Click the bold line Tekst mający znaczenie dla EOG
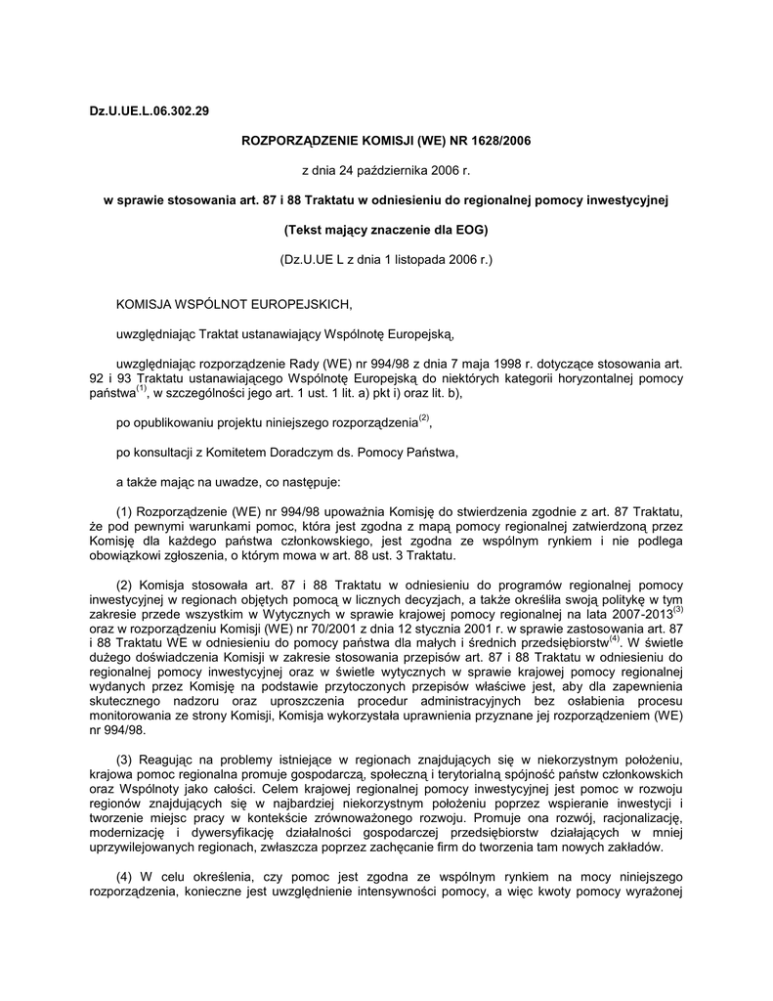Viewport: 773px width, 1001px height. click(385, 231)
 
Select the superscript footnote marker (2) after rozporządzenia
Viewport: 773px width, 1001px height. click(423, 418)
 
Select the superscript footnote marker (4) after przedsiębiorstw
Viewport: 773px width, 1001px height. click(615, 639)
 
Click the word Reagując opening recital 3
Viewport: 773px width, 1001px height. click(172, 760)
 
